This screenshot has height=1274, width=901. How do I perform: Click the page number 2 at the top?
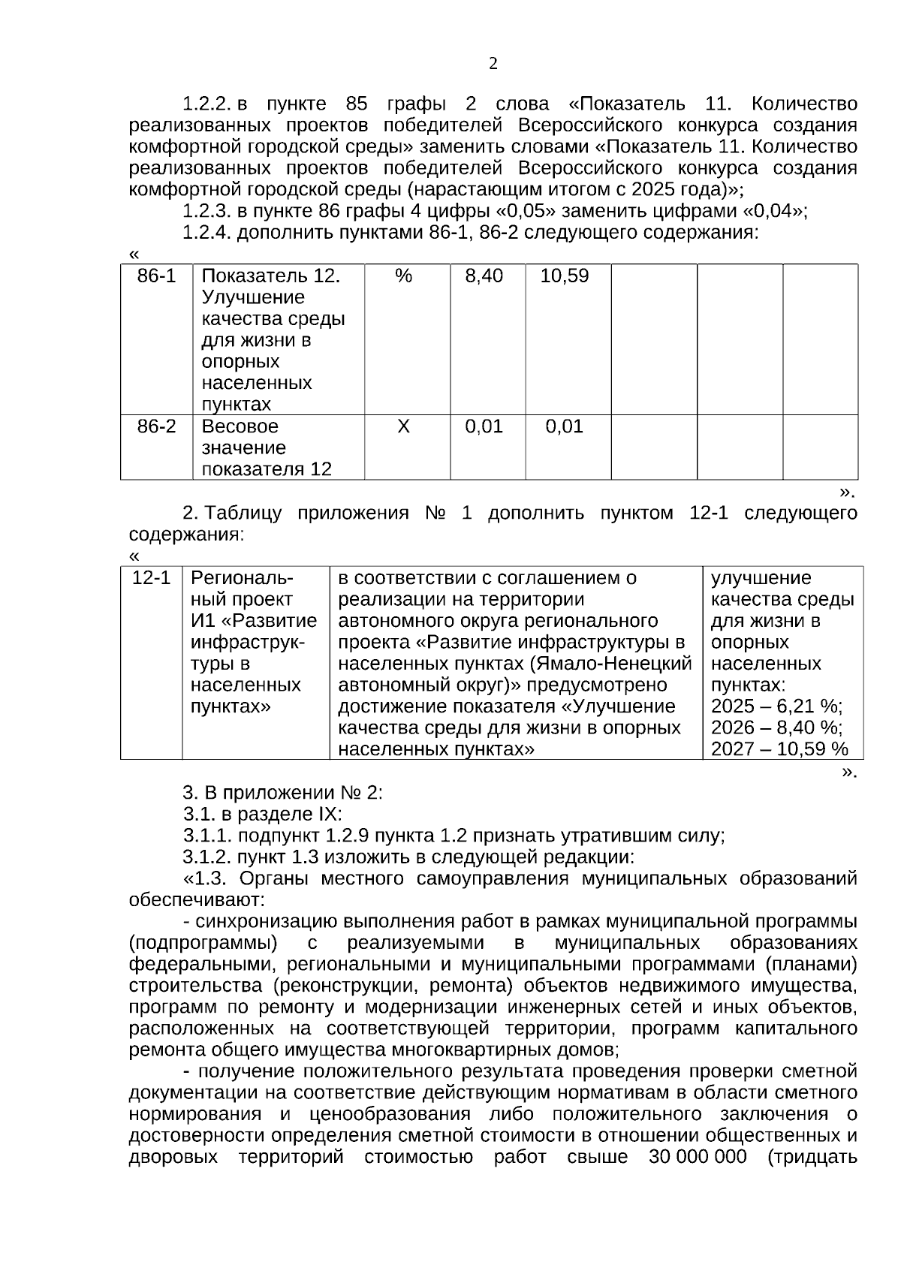(493, 65)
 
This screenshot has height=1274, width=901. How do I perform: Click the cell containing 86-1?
(156, 276)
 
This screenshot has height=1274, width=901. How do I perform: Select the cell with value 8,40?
(484, 276)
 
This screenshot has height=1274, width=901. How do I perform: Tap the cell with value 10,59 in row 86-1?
(565, 276)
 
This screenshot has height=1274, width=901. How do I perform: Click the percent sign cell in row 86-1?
(404, 276)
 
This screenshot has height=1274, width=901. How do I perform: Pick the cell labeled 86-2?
(156, 427)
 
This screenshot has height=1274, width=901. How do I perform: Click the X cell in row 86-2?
(403, 427)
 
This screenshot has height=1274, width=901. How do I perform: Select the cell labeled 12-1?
(151, 578)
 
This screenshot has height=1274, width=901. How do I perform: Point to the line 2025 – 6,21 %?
(776, 706)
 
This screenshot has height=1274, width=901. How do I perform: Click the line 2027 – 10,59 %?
(779, 749)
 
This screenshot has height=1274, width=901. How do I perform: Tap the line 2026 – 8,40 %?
(776, 727)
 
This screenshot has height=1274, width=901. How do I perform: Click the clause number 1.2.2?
(206, 104)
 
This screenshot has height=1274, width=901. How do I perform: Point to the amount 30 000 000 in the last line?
(698, 1157)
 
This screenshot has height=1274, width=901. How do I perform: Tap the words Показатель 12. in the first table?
(271, 276)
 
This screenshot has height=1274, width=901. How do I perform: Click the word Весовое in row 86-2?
(240, 427)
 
